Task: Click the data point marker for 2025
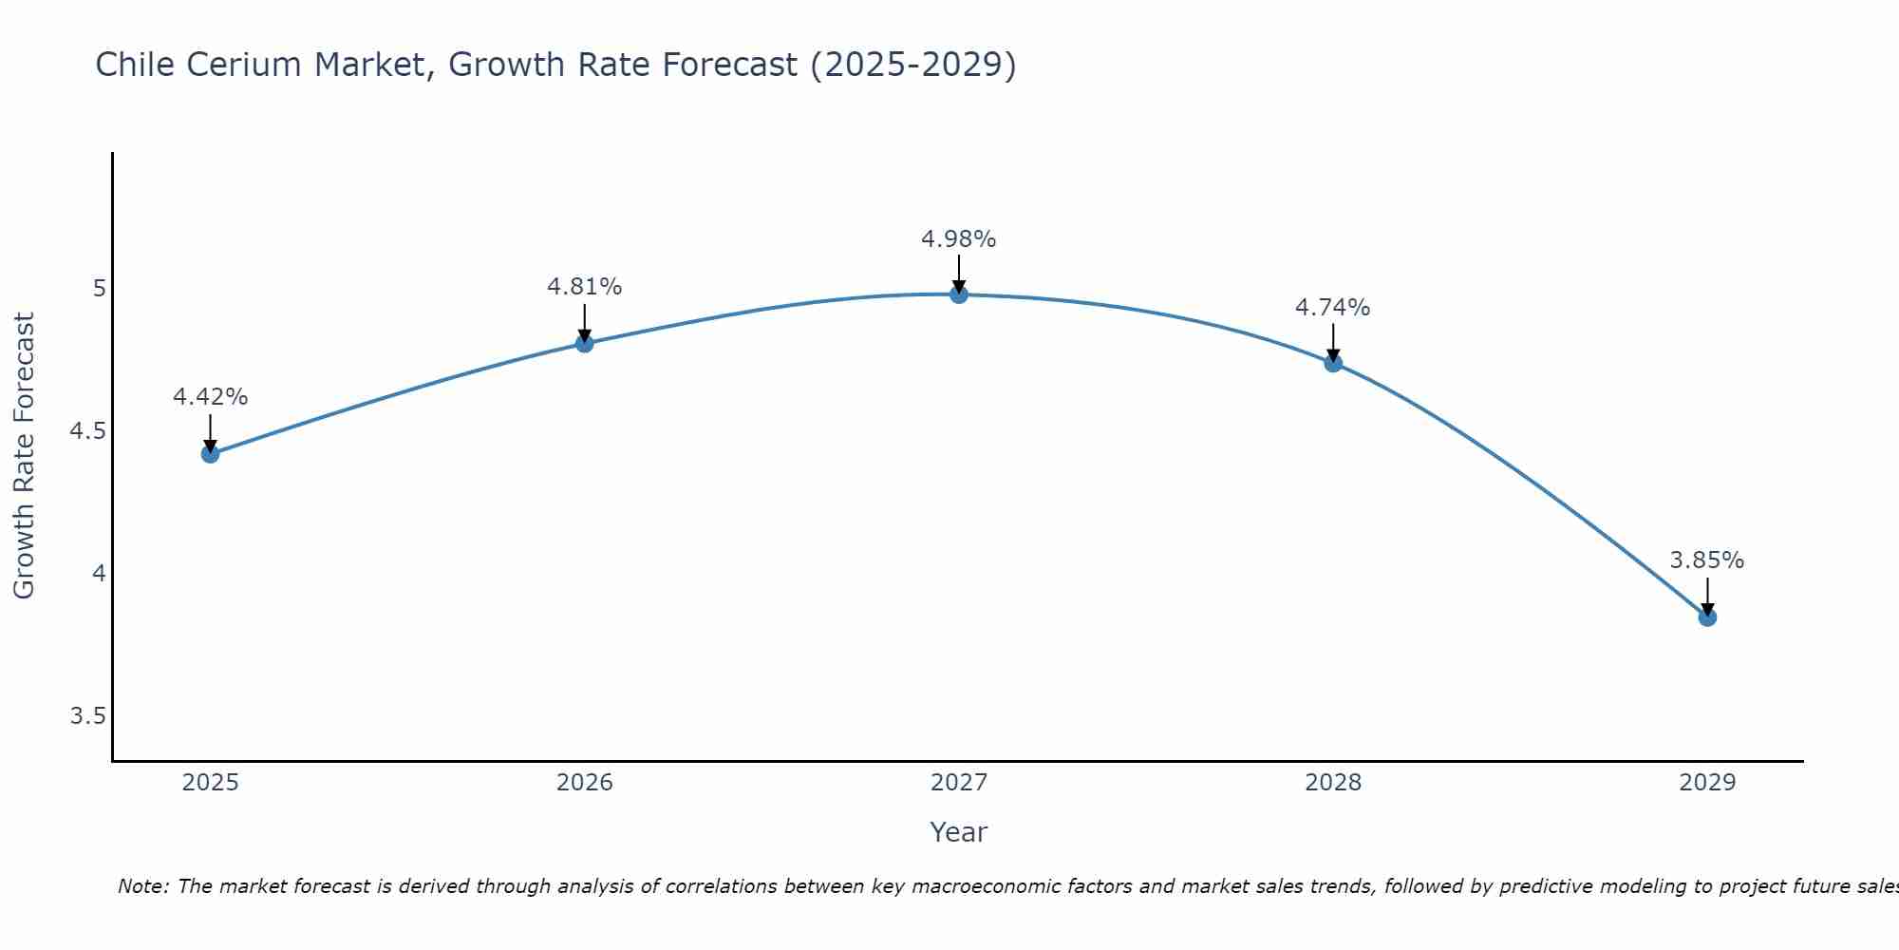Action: (x=211, y=454)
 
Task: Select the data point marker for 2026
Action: (x=585, y=343)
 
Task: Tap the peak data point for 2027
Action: (x=959, y=294)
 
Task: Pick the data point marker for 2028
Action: (x=1333, y=363)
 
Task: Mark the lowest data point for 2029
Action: (x=1707, y=617)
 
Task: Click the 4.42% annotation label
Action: (x=211, y=397)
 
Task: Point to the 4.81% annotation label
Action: (x=585, y=287)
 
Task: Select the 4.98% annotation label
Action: (x=959, y=239)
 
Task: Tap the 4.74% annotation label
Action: (x=1333, y=308)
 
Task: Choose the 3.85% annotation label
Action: (x=1707, y=560)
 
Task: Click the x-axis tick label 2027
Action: (x=959, y=783)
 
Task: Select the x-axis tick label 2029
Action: (x=1707, y=783)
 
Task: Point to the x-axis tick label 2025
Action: (x=211, y=783)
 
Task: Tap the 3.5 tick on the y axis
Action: (x=87, y=716)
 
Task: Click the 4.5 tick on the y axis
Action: (x=87, y=431)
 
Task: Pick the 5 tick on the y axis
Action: (x=99, y=288)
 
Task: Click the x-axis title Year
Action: (x=959, y=832)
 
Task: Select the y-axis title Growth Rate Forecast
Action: (x=25, y=456)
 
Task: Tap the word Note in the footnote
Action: (x=141, y=886)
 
